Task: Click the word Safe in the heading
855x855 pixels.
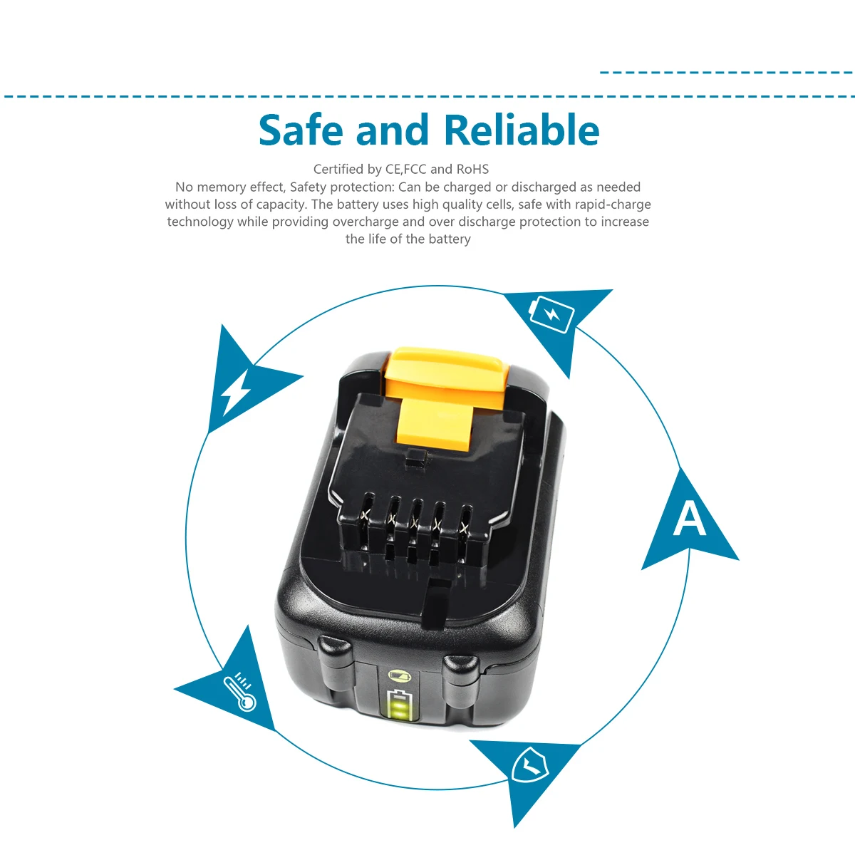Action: pyautogui.click(x=300, y=130)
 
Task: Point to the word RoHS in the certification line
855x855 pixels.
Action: pyautogui.click(x=472, y=170)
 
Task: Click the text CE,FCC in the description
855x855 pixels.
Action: pyautogui.click(x=405, y=170)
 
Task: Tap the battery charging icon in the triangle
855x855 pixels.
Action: pyautogui.click(x=551, y=314)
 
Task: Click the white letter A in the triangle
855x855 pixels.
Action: pyautogui.click(x=689, y=519)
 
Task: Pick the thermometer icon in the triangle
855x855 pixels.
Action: pyautogui.click(x=239, y=692)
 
